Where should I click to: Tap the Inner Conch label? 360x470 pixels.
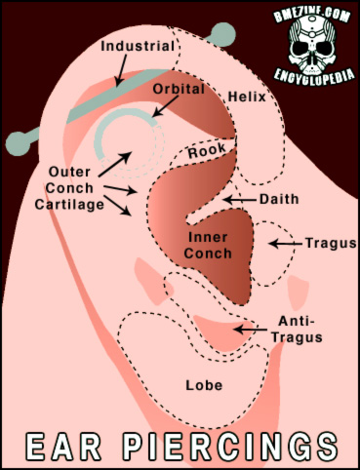click(x=208, y=245)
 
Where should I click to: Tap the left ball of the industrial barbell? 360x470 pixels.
click(x=15, y=143)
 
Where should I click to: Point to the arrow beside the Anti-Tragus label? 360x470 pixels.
click(x=253, y=330)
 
